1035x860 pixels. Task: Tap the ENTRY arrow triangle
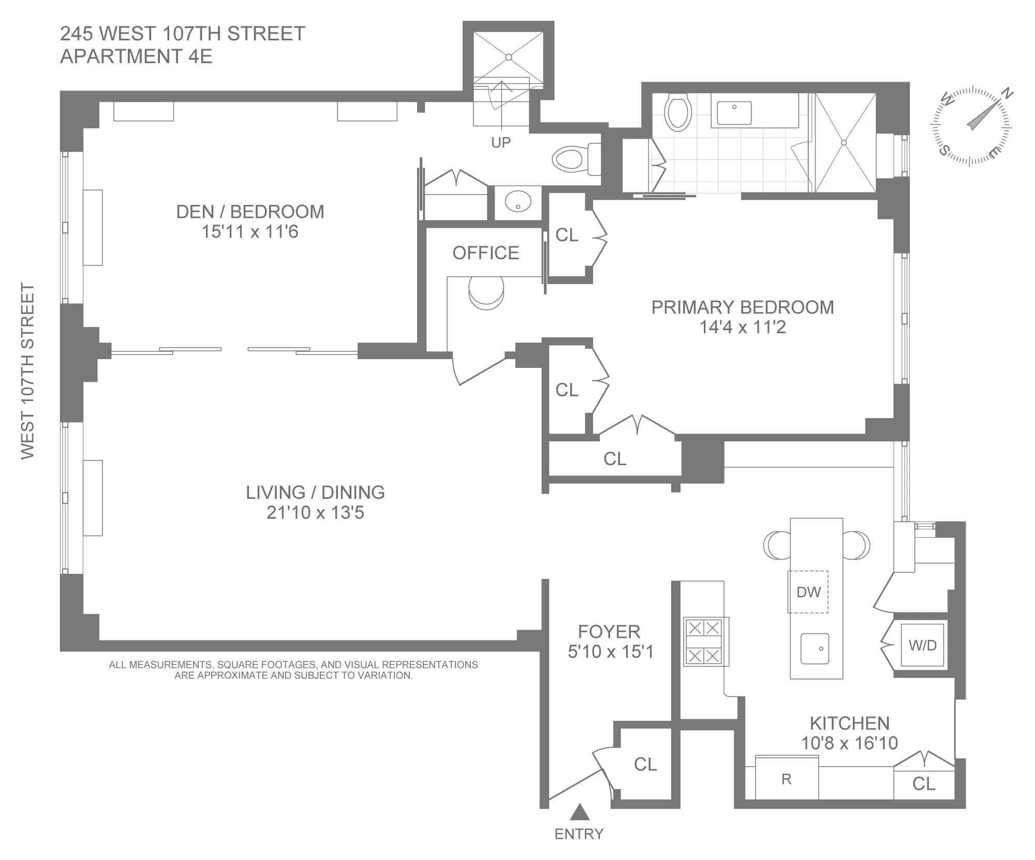point(580,812)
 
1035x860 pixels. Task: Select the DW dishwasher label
point(808,592)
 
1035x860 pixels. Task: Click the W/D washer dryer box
point(923,645)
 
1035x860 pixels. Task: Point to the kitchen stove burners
point(703,642)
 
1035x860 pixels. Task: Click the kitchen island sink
point(815,648)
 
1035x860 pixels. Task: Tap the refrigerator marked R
point(787,779)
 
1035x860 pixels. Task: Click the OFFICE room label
point(485,253)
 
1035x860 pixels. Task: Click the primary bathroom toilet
point(678,112)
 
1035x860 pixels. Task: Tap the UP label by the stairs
point(500,143)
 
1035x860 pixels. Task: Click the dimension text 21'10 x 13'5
point(315,513)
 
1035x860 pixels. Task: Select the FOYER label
point(609,632)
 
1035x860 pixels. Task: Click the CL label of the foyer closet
point(645,764)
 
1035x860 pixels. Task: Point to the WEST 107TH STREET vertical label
point(27,370)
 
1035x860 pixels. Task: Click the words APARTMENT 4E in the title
point(136,56)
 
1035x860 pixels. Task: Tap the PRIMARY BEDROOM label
point(742,307)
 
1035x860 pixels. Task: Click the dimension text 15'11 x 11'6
point(250,232)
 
